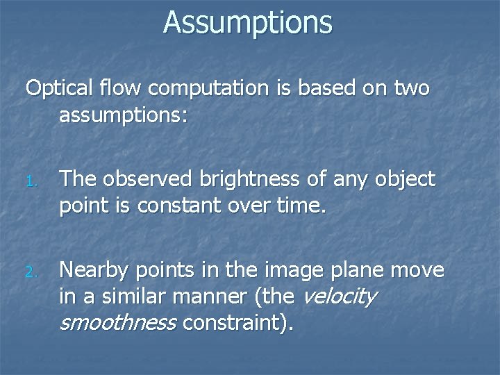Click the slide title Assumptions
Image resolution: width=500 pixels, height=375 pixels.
(248, 22)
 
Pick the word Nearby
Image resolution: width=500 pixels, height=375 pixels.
(95, 269)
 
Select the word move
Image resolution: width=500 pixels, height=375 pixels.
(419, 269)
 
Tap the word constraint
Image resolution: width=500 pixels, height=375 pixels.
(231, 322)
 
